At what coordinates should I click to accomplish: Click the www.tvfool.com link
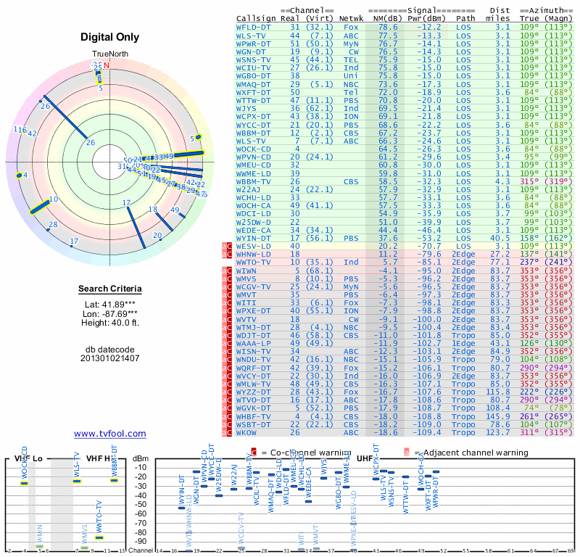pos(109,434)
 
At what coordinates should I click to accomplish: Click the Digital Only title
pos(109,37)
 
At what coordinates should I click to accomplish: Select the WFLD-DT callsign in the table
pos(254,27)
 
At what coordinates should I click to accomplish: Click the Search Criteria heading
pos(109,289)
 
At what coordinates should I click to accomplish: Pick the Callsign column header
pos(256,17)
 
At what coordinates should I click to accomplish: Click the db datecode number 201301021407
pos(109,358)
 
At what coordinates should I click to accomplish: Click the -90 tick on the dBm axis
pos(141,541)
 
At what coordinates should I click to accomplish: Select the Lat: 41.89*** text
pos(109,304)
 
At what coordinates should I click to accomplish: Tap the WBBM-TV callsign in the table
pos(254,181)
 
